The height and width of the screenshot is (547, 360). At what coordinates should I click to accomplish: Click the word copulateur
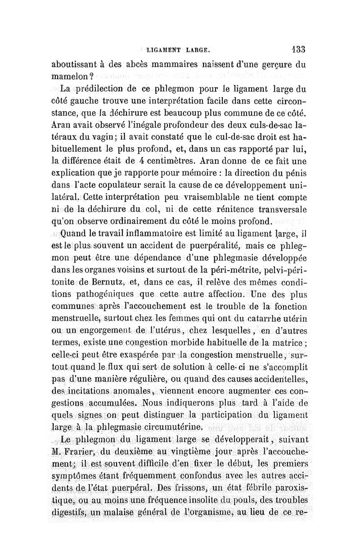pyautogui.click(x=136, y=185)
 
